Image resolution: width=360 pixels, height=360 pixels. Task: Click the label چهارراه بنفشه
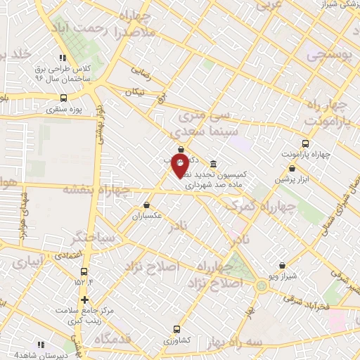(96, 188)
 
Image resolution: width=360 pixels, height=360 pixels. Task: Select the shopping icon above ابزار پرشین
(292, 168)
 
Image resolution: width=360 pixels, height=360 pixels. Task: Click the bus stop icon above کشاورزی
(176, 328)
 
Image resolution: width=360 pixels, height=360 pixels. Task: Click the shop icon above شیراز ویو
(282, 265)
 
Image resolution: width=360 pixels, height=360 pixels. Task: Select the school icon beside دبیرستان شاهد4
(41, 344)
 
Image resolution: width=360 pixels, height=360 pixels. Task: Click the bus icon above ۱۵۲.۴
(84, 271)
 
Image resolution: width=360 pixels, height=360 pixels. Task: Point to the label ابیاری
(27, 264)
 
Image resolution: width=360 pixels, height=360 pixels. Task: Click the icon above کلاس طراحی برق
(63, 58)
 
